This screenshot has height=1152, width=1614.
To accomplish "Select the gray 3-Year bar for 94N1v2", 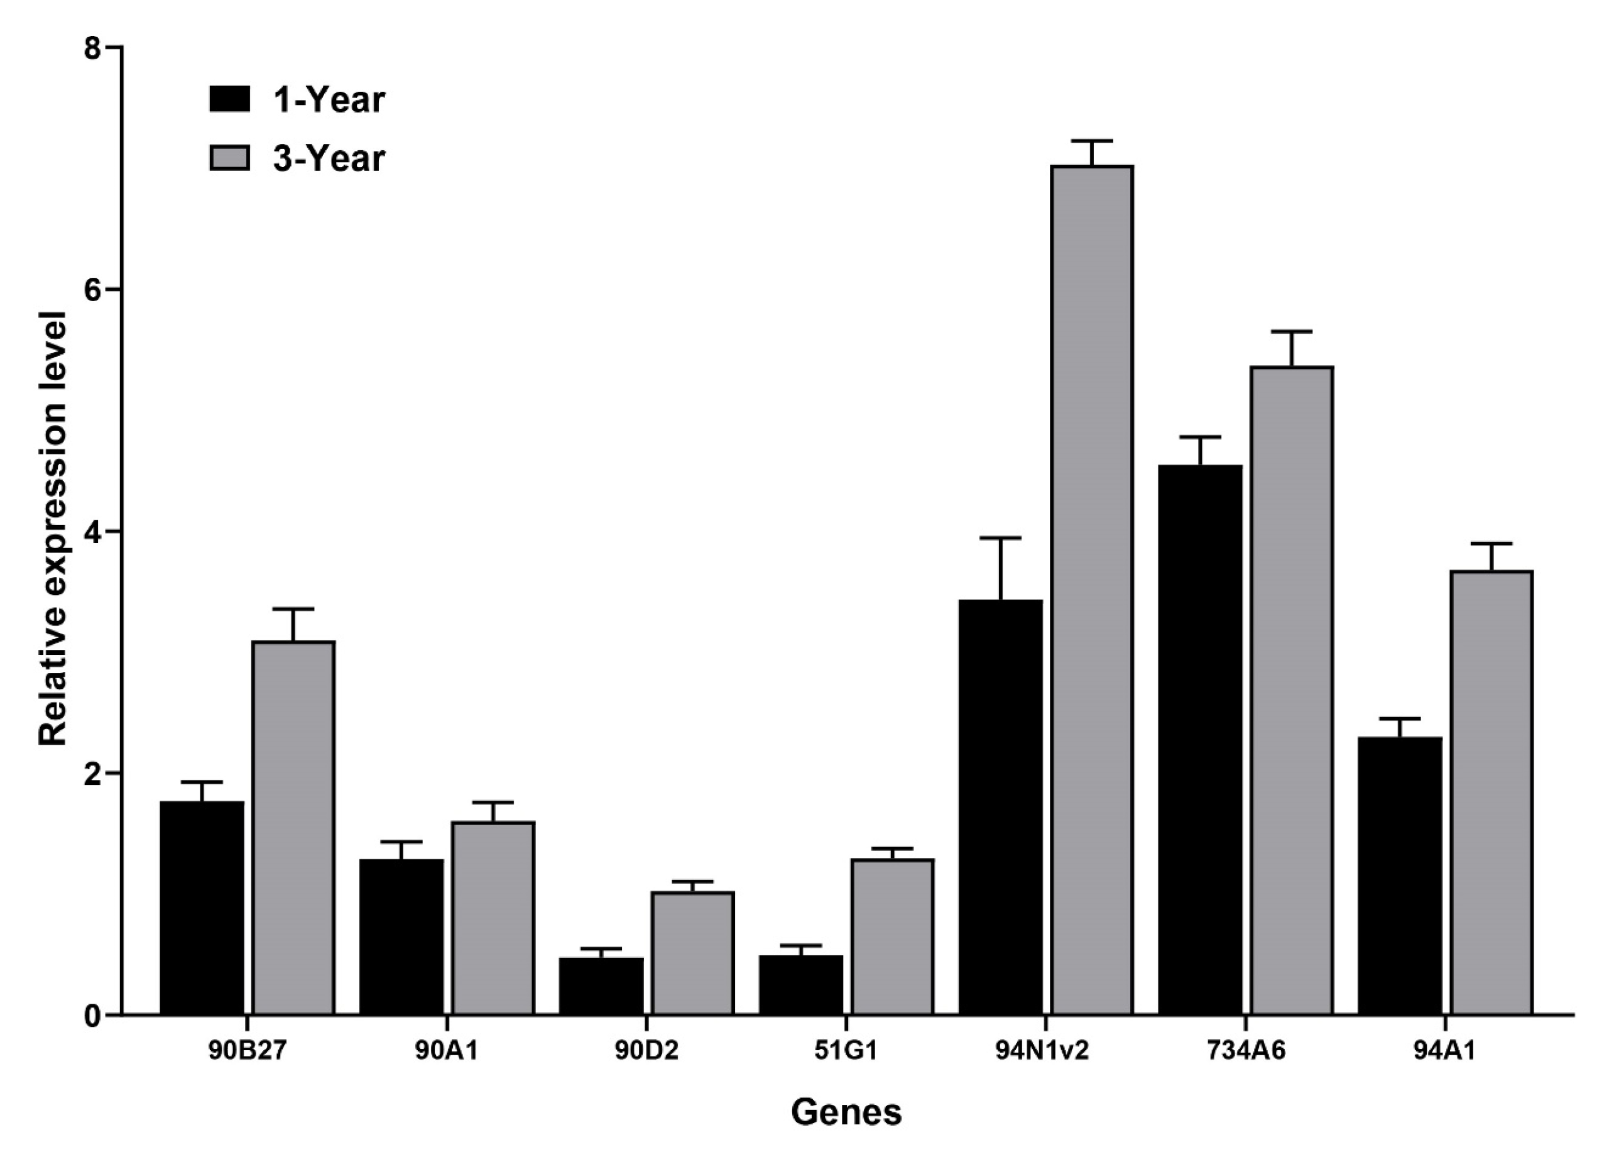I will pos(1091,589).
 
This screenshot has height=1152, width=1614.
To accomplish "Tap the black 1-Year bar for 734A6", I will pos(1200,739).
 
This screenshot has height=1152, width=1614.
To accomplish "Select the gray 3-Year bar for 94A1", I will pos(1491,792).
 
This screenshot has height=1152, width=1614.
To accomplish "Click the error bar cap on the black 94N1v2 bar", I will pos(1000,539).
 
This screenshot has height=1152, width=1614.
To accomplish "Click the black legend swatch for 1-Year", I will pos(229,99).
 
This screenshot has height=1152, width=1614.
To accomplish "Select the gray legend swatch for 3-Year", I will pos(229,158).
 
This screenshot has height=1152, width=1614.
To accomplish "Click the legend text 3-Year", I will pos(329,158).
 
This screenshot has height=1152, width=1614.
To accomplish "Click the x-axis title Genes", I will pos(846,1112).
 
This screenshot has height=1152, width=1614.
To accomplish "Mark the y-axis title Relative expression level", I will pos(53,529).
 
